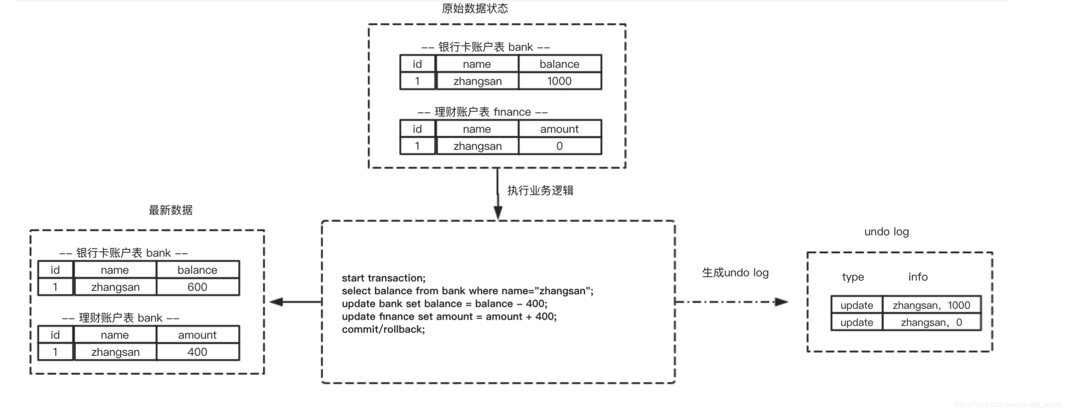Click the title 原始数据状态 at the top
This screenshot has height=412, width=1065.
click(475, 9)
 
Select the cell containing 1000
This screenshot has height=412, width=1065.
click(559, 81)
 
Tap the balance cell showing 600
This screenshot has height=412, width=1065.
click(197, 287)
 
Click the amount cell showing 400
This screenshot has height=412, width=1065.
click(197, 352)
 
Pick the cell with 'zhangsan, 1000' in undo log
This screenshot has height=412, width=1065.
click(931, 305)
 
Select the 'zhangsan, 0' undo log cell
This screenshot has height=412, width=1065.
click(931, 322)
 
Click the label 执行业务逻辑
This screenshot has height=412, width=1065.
click(540, 190)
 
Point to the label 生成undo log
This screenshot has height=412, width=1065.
click(735, 273)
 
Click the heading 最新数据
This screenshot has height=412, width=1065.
click(171, 210)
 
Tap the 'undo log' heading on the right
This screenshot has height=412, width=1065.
click(886, 232)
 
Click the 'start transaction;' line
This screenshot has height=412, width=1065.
click(383, 278)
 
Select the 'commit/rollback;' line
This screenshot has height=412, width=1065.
click(383, 329)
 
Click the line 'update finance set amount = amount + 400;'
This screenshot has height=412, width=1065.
click(449, 316)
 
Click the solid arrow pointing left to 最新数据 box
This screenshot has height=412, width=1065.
click(296, 302)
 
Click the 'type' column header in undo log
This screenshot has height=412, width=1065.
click(853, 277)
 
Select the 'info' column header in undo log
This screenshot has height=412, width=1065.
click(918, 277)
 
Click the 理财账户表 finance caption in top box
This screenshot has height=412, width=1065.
click(482, 112)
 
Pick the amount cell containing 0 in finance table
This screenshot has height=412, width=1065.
click(559, 146)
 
